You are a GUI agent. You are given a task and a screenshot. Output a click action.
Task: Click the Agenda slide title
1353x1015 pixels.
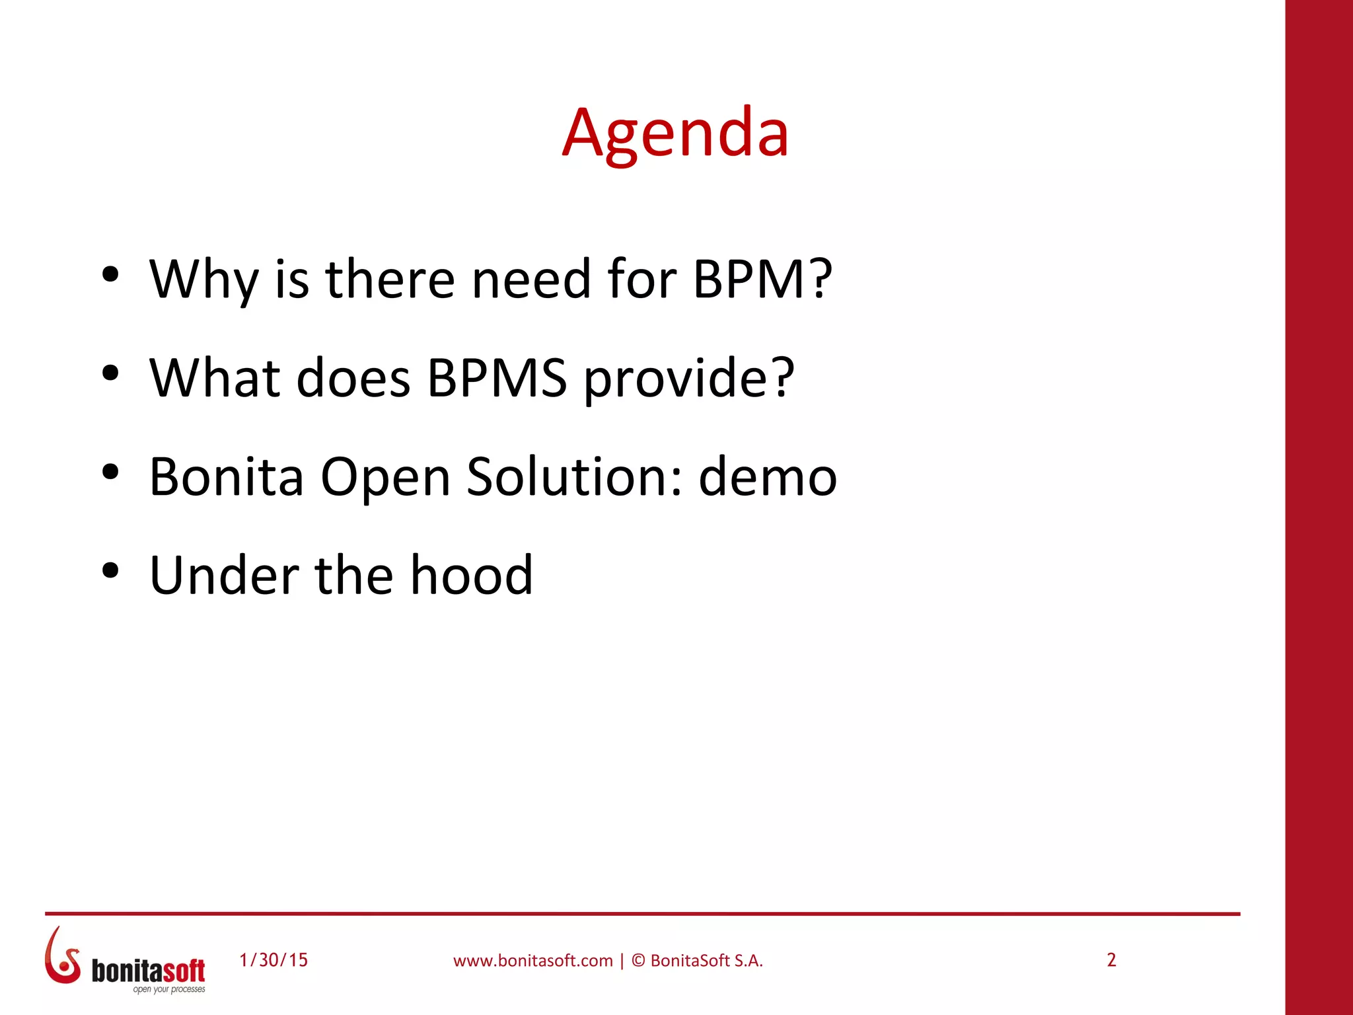tap(675, 133)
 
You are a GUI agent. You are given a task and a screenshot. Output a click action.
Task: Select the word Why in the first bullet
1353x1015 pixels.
tap(204, 280)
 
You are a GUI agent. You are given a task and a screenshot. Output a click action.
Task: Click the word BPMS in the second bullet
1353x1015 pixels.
tap(497, 378)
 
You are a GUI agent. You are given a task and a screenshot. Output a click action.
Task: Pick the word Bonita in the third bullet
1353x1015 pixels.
tap(227, 476)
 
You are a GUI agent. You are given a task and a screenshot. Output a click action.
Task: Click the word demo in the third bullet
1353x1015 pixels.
tap(768, 476)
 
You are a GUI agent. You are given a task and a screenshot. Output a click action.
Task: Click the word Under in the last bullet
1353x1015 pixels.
tap(224, 575)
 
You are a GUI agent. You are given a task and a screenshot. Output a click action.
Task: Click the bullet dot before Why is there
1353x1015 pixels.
tap(110, 274)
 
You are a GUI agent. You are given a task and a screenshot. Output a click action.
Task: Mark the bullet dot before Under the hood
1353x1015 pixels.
tap(110, 570)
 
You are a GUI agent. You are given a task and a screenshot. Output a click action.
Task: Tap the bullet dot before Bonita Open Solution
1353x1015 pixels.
tap(110, 472)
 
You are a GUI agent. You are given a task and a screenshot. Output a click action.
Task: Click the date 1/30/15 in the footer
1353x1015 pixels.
tap(274, 960)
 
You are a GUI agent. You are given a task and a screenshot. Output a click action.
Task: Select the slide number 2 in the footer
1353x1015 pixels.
tap(1111, 960)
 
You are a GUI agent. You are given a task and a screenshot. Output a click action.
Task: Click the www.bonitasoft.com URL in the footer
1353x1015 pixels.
tap(532, 961)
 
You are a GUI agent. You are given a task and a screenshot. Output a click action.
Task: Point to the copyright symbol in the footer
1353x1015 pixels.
tap(638, 961)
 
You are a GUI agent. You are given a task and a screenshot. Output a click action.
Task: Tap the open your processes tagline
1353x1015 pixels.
tap(169, 989)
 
